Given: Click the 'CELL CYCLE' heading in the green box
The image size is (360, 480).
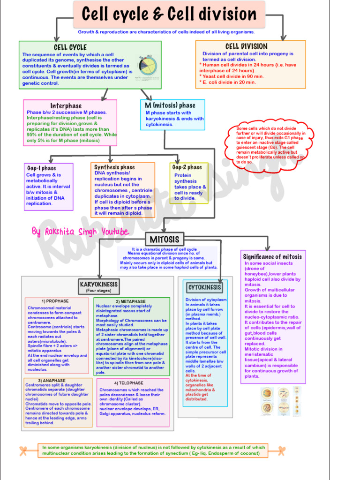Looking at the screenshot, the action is (70, 47).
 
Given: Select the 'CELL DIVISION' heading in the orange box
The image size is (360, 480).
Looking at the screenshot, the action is (247, 46).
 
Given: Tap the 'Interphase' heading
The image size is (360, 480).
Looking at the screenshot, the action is (66, 106).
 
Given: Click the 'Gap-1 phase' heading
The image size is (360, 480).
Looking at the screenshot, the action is (42, 168).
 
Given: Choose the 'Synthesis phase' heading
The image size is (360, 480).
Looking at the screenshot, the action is (114, 167).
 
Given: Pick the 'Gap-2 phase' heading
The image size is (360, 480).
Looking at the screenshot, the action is (187, 167).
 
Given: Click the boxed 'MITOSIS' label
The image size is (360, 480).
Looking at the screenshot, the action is (164, 239).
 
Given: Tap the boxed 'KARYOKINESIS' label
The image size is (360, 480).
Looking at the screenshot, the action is (99, 285).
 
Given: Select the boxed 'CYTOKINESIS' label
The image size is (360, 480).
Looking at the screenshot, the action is (204, 287).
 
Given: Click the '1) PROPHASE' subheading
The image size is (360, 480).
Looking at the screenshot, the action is (55, 301).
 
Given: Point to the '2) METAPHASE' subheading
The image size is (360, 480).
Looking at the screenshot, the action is (131, 301).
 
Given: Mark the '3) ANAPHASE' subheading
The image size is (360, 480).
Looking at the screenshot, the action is (52, 381).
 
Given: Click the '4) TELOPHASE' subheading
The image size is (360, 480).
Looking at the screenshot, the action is (129, 383).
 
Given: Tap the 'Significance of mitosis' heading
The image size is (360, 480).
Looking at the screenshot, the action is (272, 256).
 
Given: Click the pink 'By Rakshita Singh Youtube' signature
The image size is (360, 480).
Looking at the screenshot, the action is (80, 232).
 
